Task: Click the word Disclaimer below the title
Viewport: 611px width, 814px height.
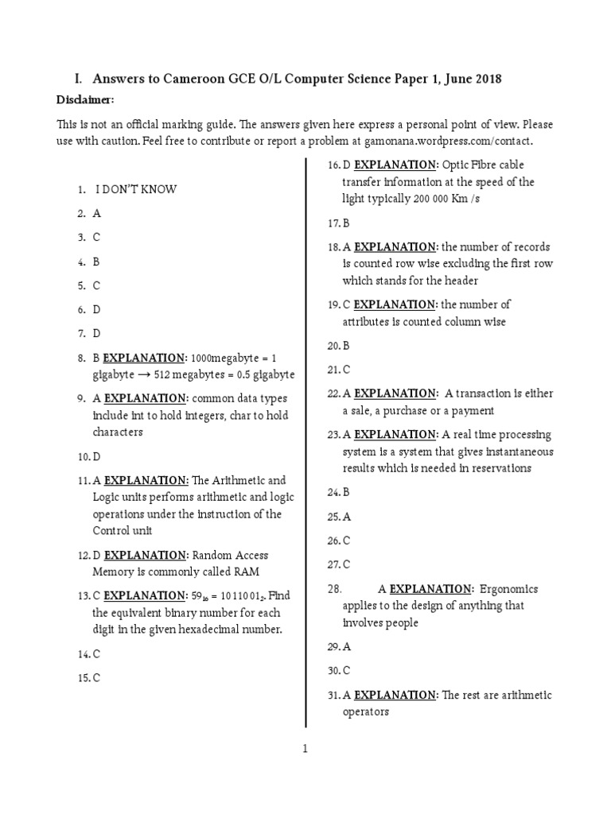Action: (85, 100)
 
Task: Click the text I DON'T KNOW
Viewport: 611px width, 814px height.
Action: (136, 190)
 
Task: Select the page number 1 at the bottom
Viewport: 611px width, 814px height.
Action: (305, 748)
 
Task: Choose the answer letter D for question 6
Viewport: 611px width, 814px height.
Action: (96, 309)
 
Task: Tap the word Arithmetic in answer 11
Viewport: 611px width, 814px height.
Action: (252, 481)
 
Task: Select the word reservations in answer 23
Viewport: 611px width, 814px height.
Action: (492, 468)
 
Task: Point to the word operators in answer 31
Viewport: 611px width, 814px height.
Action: (365, 712)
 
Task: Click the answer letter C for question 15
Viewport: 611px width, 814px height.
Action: (96, 679)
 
